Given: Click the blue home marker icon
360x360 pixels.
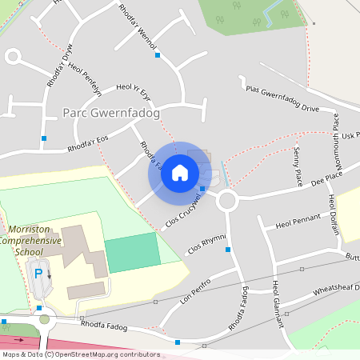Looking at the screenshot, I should pyautogui.click(x=180, y=172).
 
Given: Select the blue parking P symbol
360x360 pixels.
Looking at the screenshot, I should pyautogui.click(x=38, y=274).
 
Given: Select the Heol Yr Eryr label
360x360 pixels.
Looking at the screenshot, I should pyautogui.click(x=134, y=90).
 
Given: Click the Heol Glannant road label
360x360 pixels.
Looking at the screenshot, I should pyautogui.click(x=277, y=305).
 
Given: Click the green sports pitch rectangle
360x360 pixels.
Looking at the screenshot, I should pyautogui.click(x=131, y=253).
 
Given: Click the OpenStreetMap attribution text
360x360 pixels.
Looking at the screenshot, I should pyautogui.click(x=80, y=354).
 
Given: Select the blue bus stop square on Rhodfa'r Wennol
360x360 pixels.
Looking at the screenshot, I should pyautogui.click(x=158, y=55).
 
